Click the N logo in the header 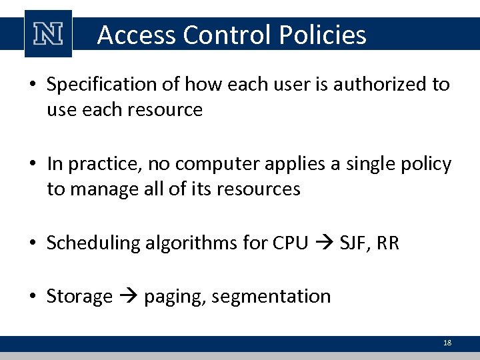pyautogui.click(x=47, y=34)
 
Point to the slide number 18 pyautogui.click(x=447, y=343)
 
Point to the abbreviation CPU pyautogui.click(x=291, y=243)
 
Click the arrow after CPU pyautogui.click(x=324, y=243)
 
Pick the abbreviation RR pyautogui.click(x=387, y=243)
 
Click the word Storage pyautogui.click(x=79, y=296)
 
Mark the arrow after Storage pyautogui.click(x=128, y=297)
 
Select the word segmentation pyautogui.click(x=271, y=296)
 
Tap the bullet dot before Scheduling pyautogui.click(x=33, y=243)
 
